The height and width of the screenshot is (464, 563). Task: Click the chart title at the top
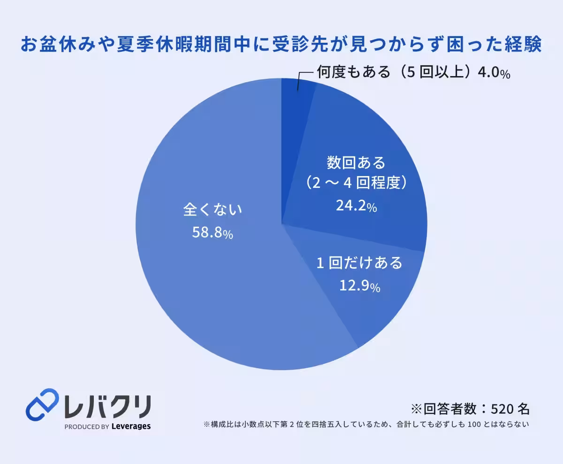pyautogui.click(x=281, y=44)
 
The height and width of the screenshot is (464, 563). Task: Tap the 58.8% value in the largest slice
pyautogui.click(x=213, y=232)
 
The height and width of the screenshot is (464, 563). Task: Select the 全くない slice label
pyautogui.click(x=213, y=209)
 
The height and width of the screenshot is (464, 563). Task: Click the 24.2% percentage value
pyautogui.click(x=357, y=206)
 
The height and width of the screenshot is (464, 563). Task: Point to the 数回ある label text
pyautogui.click(x=356, y=162)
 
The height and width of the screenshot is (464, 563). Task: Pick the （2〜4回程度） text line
pyautogui.click(x=357, y=183)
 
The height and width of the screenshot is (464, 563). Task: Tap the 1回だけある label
pyautogui.click(x=359, y=263)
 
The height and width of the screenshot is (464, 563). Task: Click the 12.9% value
pyautogui.click(x=360, y=286)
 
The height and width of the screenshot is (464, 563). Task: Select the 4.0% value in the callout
pyautogui.click(x=494, y=73)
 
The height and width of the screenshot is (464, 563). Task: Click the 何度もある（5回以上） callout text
pyautogui.click(x=396, y=72)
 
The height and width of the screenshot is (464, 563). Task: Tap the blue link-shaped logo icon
pyautogui.click(x=42, y=405)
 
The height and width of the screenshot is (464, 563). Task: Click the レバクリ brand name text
pyautogui.click(x=108, y=407)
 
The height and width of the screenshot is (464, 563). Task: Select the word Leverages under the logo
pyautogui.click(x=131, y=426)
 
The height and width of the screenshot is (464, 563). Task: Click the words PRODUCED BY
pyautogui.click(x=87, y=427)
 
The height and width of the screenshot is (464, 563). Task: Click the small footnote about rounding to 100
pyautogui.click(x=366, y=424)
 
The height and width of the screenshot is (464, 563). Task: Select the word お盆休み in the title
pyautogui.click(x=58, y=44)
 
